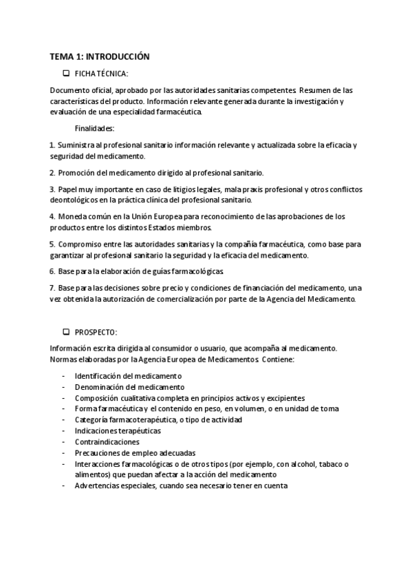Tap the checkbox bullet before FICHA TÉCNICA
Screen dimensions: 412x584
[66, 73]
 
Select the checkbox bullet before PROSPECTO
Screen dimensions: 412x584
[66, 332]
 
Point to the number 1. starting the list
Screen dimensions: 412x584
[52, 145]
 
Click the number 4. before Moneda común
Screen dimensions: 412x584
[52, 216]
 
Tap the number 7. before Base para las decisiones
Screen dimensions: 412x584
[52, 287]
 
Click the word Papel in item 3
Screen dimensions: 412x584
[67, 189]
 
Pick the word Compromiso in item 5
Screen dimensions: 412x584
[81, 244]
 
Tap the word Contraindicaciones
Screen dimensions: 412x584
[107, 441]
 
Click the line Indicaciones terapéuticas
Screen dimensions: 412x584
[118, 430]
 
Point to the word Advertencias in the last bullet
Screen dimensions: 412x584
[97, 486]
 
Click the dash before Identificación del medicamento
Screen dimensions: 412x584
[63, 376]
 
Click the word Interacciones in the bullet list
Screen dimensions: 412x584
[97, 463]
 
